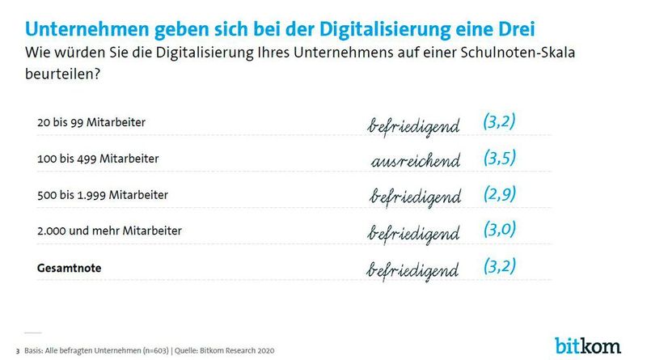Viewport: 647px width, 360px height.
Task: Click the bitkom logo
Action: (x=587, y=345)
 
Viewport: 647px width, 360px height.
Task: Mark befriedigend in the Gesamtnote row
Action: (x=414, y=268)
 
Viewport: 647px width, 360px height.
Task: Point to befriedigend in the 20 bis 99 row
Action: (x=414, y=125)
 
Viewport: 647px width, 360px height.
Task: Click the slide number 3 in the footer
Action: (x=18, y=351)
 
